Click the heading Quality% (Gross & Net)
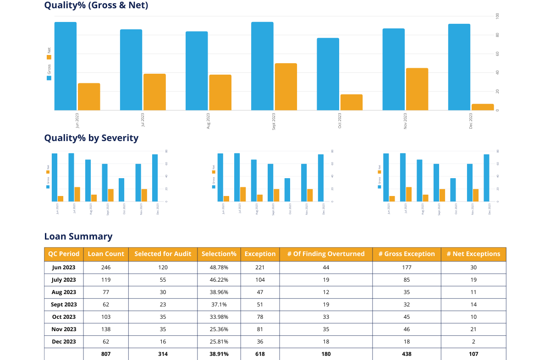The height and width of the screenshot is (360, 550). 96,5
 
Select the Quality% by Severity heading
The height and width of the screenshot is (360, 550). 91,138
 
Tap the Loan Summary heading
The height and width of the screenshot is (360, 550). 78,236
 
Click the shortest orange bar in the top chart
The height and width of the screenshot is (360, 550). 483,107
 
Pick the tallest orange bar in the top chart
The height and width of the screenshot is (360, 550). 286,87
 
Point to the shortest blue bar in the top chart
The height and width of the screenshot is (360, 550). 328,74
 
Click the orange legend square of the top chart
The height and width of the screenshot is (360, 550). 49,57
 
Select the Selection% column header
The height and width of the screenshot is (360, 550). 219,254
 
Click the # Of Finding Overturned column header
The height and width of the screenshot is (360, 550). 326,254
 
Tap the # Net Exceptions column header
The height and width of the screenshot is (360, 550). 473,254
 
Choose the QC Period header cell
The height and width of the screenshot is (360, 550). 64,254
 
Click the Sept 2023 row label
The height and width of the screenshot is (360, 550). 64,304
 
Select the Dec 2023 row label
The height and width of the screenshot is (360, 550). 64,342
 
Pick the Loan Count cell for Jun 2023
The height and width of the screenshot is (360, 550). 106,267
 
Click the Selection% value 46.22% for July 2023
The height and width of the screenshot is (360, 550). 219,279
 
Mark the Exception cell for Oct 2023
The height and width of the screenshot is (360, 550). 260,317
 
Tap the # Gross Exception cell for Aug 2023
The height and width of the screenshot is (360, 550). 407,292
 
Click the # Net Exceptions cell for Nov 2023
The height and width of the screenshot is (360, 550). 473,329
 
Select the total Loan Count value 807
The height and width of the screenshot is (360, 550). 106,354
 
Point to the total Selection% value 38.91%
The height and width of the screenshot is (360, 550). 219,354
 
